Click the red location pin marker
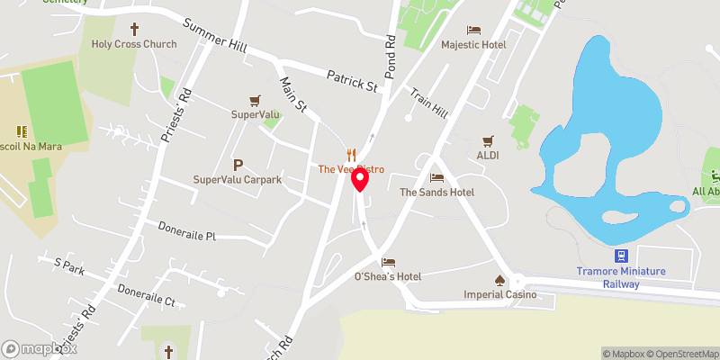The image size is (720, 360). (360, 181)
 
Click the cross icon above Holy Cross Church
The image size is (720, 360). (136, 29)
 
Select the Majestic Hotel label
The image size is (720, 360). (473, 44)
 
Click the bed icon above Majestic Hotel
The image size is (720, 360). (473, 30)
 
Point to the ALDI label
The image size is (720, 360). (488, 155)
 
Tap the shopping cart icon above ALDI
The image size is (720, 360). (488, 140)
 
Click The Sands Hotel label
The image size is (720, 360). (436, 193)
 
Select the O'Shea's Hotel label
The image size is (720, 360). (388, 276)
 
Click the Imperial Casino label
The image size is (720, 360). (499, 294)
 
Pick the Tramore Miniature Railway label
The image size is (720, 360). (621, 277)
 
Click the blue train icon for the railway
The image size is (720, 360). (621, 256)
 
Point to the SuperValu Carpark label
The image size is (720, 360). (238, 180)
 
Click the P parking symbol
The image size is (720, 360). (238, 165)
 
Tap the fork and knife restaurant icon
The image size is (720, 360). (352, 154)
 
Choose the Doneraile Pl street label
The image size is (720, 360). (187, 236)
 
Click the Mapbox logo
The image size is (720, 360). (40, 348)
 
